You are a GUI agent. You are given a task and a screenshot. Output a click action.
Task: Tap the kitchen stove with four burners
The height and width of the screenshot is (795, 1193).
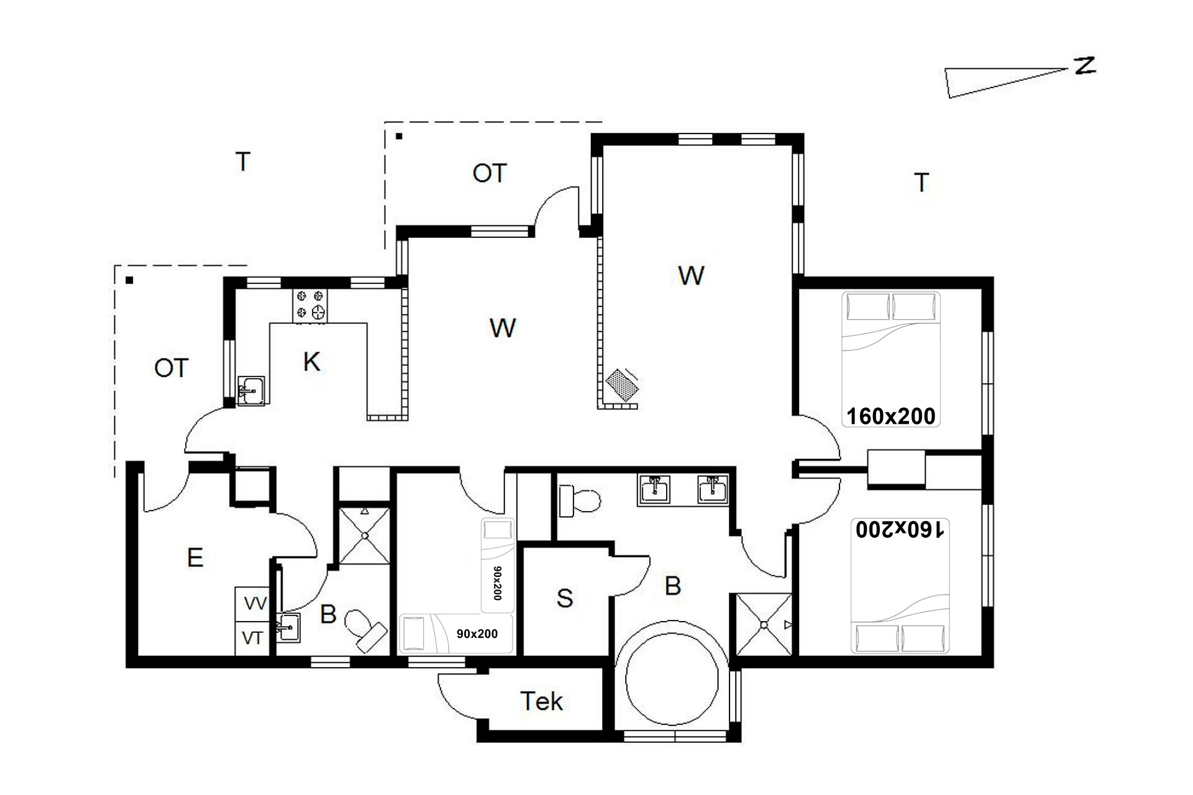click(310, 306)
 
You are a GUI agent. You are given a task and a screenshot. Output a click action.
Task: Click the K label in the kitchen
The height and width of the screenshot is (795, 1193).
click(311, 361)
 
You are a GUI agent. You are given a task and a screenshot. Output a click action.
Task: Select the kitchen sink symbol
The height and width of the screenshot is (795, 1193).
click(251, 391)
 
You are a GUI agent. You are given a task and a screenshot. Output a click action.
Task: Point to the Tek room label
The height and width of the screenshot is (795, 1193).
click(541, 701)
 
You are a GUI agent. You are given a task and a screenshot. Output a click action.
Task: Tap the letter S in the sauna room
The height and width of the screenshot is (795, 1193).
click(564, 598)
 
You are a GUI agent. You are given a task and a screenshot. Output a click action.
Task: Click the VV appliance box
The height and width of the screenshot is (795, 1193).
click(252, 604)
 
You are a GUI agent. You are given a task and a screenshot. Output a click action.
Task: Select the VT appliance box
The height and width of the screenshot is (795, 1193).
click(252, 638)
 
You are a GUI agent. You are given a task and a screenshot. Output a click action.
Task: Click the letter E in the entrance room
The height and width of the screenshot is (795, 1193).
click(195, 557)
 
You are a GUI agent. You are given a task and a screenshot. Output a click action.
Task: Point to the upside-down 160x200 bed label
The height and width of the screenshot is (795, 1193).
click(900, 530)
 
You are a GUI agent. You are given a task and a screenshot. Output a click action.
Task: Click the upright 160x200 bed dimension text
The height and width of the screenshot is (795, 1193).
click(891, 416)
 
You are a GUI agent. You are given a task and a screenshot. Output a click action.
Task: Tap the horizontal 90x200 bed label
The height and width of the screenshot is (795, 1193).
click(477, 634)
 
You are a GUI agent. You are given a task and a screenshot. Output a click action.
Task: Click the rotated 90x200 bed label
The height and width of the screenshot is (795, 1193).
click(497, 583)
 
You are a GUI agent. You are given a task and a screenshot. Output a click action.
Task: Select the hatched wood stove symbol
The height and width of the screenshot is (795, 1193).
click(622, 386)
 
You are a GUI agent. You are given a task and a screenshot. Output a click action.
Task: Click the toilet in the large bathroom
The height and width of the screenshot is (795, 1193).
click(580, 501)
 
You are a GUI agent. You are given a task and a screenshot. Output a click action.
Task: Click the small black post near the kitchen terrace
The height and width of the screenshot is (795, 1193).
click(129, 280)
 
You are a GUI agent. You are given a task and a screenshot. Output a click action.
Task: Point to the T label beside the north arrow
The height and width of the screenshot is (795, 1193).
click(921, 183)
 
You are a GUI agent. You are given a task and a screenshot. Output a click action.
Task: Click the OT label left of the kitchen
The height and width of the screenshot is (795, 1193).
click(171, 368)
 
